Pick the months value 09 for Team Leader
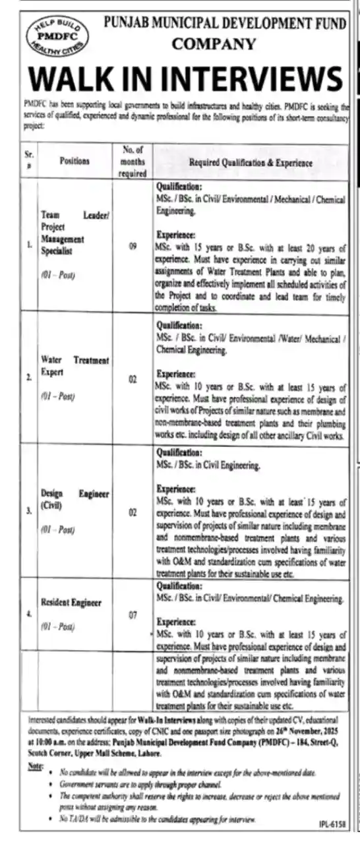(x=132, y=246)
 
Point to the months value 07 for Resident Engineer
(x=132, y=615)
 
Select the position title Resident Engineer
(x=71, y=603)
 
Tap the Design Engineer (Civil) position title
(x=75, y=499)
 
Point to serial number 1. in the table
(x=28, y=246)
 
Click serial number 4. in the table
(x=28, y=614)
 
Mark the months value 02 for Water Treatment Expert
(x=132, y=379)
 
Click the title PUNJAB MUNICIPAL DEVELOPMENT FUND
(x=225, y=24)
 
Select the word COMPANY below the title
(x=214, y=44)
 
